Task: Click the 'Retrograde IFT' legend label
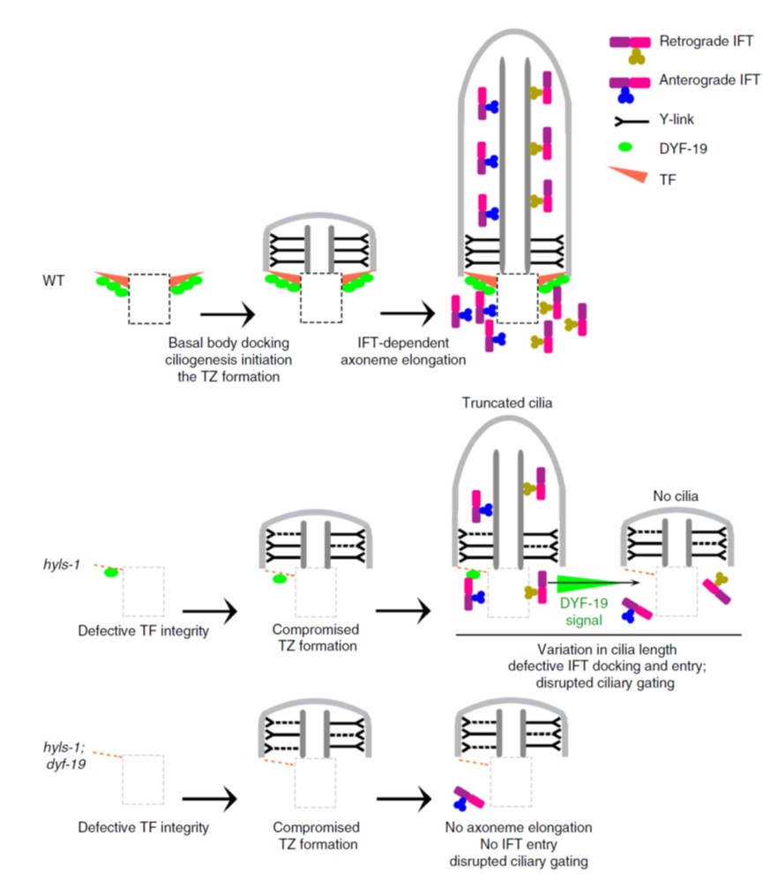(x=697, y=41)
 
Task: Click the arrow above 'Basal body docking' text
(x=227, y=313)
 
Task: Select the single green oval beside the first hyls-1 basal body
(x=112, y=571)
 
